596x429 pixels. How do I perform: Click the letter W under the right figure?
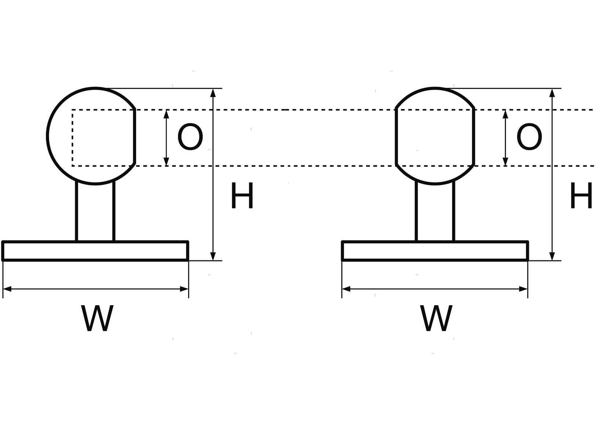click(436, 318)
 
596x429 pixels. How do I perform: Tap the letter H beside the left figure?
click(242, 196)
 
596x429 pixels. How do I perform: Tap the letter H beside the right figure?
click(581, 196)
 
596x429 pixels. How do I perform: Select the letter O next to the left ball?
click(190, 137)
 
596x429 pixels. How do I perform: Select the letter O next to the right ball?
click(529, 137)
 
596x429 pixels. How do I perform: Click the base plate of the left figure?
click(95, 251)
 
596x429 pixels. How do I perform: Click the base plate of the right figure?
click(435, 251)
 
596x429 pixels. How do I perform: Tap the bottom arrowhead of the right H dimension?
click(552, 256)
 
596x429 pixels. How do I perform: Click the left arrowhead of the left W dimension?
click(7, 289)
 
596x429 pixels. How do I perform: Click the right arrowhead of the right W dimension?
click(523, 289)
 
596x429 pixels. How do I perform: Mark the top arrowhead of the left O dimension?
click(167, 114)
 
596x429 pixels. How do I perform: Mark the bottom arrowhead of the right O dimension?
click(505, 162)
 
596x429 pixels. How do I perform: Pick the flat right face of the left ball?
click(135, 136)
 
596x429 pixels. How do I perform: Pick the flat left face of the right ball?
click(396, 136)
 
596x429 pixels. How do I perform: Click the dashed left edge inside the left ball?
click(73, 137)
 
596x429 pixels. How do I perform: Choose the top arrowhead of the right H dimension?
click(552, 92)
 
